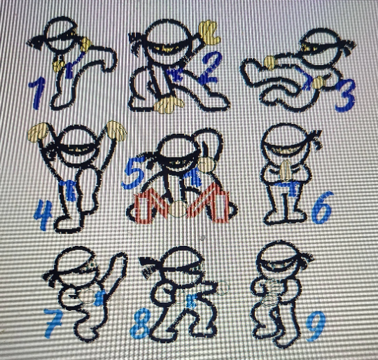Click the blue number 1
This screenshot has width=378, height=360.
36,93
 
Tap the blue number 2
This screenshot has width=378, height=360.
210,68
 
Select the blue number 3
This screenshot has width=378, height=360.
344,95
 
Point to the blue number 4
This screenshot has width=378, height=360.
43,215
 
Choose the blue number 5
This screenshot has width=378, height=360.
133,172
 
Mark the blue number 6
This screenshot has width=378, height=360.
322,208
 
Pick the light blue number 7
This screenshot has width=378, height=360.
53,324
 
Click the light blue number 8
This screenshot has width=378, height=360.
140,323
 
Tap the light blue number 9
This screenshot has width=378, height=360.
316,326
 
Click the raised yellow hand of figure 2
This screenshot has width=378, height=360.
210,32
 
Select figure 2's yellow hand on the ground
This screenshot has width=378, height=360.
168,105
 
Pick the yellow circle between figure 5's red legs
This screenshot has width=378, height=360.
178,209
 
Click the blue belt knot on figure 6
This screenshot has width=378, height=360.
292,189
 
